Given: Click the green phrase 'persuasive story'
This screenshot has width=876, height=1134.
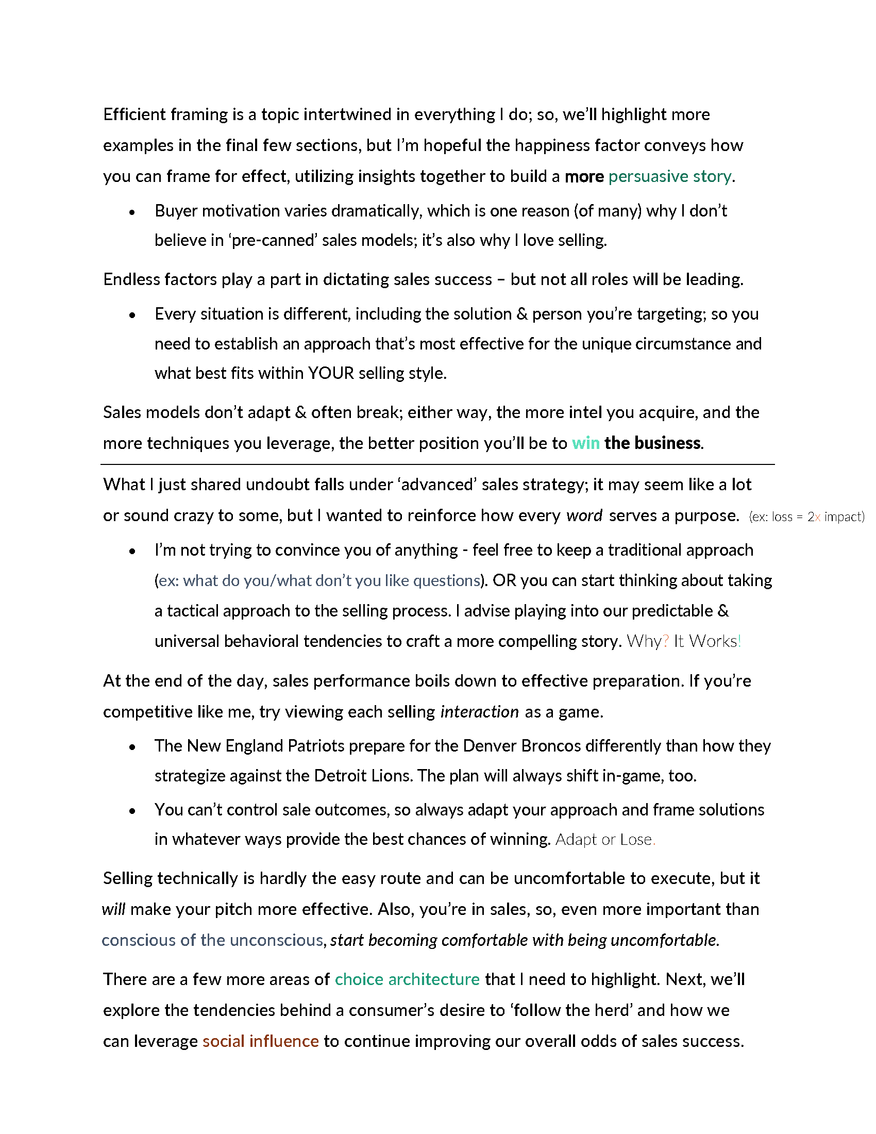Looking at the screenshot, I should coord(669,176).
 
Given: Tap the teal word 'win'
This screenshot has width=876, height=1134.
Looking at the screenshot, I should coord(585,443).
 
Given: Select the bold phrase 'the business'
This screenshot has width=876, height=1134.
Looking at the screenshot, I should coord(652,443).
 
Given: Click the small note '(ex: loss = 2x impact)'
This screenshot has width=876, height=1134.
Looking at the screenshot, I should coord(806,516).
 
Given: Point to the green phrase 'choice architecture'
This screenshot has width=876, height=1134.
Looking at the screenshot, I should coord(407,979).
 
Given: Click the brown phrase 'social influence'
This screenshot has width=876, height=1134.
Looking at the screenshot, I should coord(261,1041).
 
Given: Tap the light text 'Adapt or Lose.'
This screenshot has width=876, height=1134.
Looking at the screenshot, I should coord(605,839).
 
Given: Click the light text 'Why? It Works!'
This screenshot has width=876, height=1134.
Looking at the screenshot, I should coord(683,641).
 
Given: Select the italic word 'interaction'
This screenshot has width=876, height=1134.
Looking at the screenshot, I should coord(479,711).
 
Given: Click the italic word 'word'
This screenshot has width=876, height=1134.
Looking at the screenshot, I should coord(584,515).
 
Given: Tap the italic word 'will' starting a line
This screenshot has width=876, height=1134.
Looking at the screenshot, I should coord(114,909).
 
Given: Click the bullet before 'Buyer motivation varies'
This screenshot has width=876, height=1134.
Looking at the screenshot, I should coord(132,212).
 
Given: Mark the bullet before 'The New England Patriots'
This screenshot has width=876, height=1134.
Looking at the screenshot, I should coord(132,747).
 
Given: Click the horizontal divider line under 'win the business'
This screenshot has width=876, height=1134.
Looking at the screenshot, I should coord(437,464).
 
